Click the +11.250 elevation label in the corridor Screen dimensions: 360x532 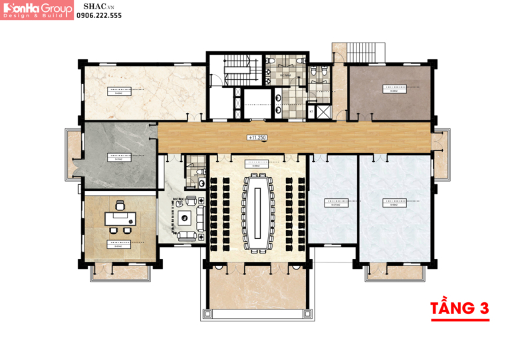tap(259, 138)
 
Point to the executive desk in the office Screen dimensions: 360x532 tap(120, 217)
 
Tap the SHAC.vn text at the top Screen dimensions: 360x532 tap(92, 5)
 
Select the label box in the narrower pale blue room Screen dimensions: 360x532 tap(333, 203)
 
